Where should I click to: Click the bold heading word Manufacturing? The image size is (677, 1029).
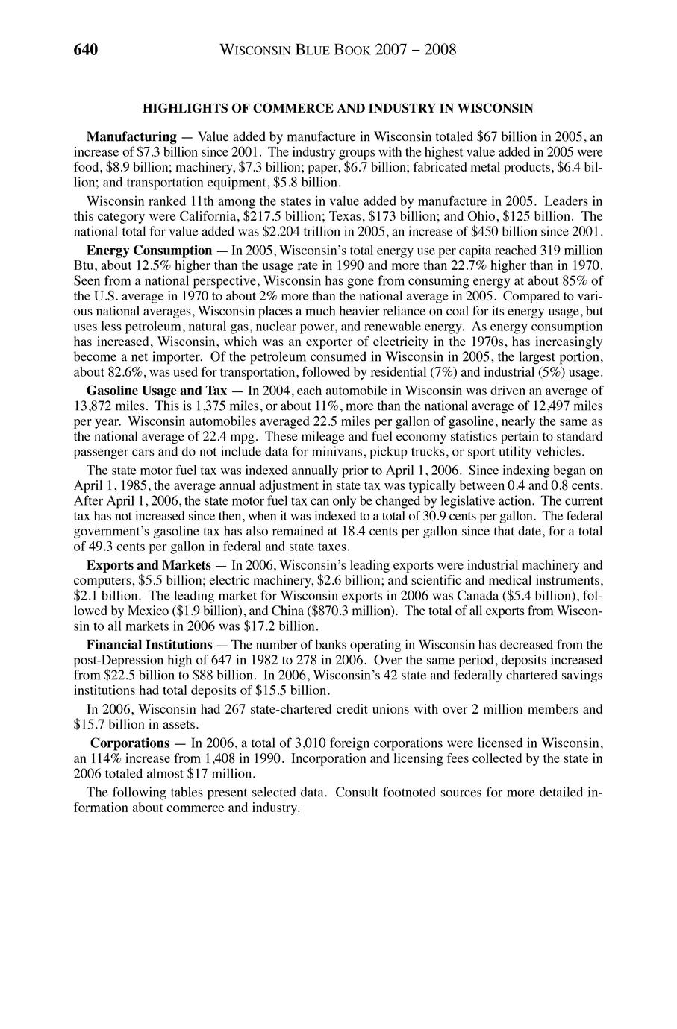pos(131,137)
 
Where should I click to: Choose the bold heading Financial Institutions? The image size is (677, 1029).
pos(149,644)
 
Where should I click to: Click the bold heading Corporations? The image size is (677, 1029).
pos(130,743)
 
